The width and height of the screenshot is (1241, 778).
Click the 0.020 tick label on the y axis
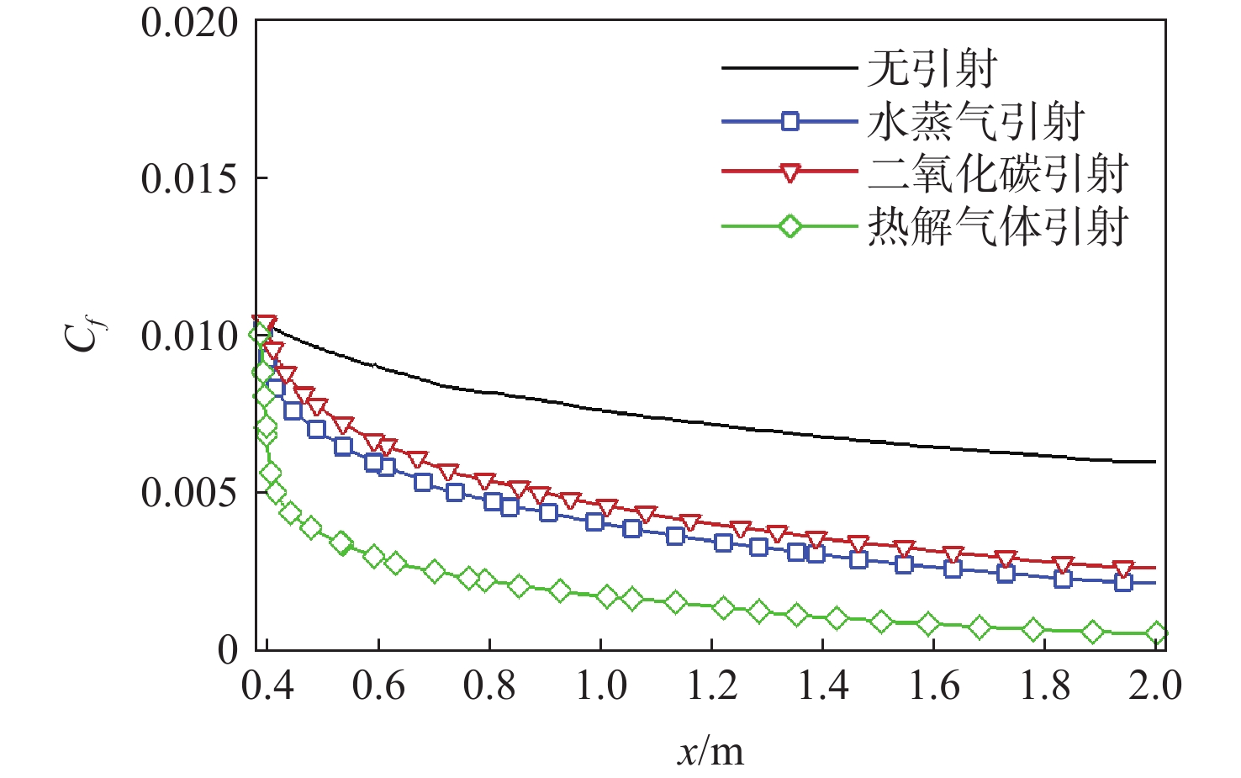coord(189,24)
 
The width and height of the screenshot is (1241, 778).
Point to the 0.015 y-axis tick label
coord(189,179)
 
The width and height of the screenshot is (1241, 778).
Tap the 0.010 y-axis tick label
coord(189,336)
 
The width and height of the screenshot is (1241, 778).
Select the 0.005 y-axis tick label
coord(189,493)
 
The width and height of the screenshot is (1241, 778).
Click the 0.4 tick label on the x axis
coord(267,686)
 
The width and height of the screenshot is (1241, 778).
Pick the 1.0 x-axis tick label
coord(601,686)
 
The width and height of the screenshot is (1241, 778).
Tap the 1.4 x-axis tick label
coord(823,686)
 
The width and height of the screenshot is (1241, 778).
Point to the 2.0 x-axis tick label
coord(1155,686)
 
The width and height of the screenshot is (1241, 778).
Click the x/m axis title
coord(710,751)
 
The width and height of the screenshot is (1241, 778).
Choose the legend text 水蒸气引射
coord(975,123)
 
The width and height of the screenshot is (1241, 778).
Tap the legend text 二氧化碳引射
coord(997,174)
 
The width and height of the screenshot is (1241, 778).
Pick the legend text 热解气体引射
coord(997,227)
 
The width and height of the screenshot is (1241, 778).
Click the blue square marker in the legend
coord(789,122)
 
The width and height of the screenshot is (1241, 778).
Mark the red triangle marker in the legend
coord(789,173)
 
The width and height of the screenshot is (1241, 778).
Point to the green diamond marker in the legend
coord(789,226)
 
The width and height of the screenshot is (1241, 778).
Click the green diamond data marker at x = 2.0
coord(1156,633)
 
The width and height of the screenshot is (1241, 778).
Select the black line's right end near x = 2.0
coord(1154,462)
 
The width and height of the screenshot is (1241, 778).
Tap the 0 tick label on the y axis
coord(228,650)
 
